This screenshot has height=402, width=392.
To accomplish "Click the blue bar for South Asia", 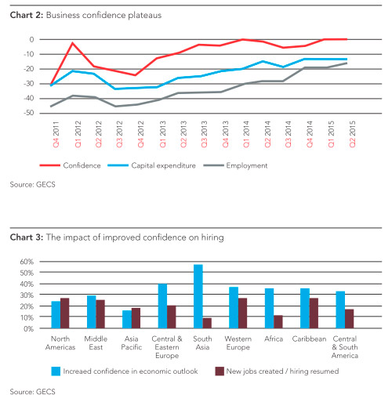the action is (x=198, y=296).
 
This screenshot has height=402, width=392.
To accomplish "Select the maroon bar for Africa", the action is (x=278, y=321).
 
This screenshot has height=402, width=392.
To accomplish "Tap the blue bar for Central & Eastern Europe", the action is (x=162, y=306).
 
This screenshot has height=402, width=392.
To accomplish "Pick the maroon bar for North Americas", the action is (x=65, y=313).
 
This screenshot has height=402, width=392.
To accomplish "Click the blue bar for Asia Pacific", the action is (x=127, y=319).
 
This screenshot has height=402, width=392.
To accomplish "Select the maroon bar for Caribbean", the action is (x=314, y=313).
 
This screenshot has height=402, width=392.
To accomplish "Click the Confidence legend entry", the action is (x=70, y=165).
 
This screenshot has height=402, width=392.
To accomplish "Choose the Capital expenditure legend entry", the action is (x=151, y=165).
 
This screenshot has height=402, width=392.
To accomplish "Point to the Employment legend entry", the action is (x=235, y=165).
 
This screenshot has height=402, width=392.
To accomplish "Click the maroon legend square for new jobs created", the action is (x=220, y=371).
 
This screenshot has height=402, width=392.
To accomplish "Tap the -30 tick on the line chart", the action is (x=29, y=84).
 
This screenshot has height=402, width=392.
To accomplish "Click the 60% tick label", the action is (x=27, y=262).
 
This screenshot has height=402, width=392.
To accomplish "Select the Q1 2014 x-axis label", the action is (x=246, y=134).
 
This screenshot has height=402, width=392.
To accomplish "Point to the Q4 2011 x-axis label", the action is (x=56, y=134).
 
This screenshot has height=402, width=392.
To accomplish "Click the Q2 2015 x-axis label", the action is (x=352, y=134).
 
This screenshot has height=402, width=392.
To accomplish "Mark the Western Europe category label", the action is (x=238, y=343).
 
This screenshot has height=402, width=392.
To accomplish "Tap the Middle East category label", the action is (x=96, y=343).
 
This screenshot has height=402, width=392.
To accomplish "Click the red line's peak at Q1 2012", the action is (x=73, y=43).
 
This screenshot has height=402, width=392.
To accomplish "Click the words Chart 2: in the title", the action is (x=27, y=15).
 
